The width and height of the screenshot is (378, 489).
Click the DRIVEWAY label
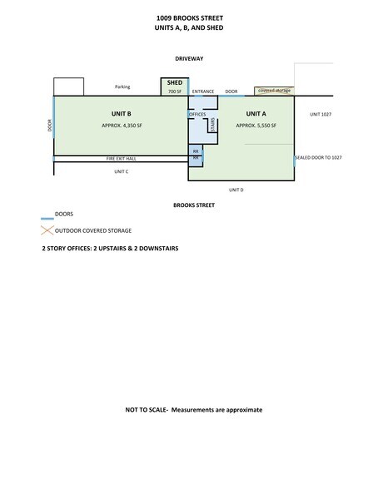coord(189,60)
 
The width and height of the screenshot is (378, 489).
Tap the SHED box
coord(175,87)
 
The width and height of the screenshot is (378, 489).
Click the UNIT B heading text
coord(121,113)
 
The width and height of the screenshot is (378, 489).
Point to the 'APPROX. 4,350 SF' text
coord(121,125)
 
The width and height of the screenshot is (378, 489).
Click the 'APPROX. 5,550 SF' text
coord(256,125)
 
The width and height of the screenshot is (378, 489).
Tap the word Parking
coord(122,86)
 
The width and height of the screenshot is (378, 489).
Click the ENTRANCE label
coord(203,91)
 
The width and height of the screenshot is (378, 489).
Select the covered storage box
coord(273,90)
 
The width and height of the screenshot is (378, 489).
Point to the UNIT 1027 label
coord(321,113)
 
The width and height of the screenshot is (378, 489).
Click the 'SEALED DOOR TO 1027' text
coord(321,157)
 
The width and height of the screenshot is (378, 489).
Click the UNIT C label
coord(121,171)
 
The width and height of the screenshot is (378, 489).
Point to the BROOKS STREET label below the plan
coord(189,204)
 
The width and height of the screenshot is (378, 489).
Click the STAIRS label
coord(211,126)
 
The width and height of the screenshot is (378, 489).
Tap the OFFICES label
coord(197,114)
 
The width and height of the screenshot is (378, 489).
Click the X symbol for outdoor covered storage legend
coord(48,230)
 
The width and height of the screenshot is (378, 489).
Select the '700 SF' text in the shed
coord(175,92)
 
